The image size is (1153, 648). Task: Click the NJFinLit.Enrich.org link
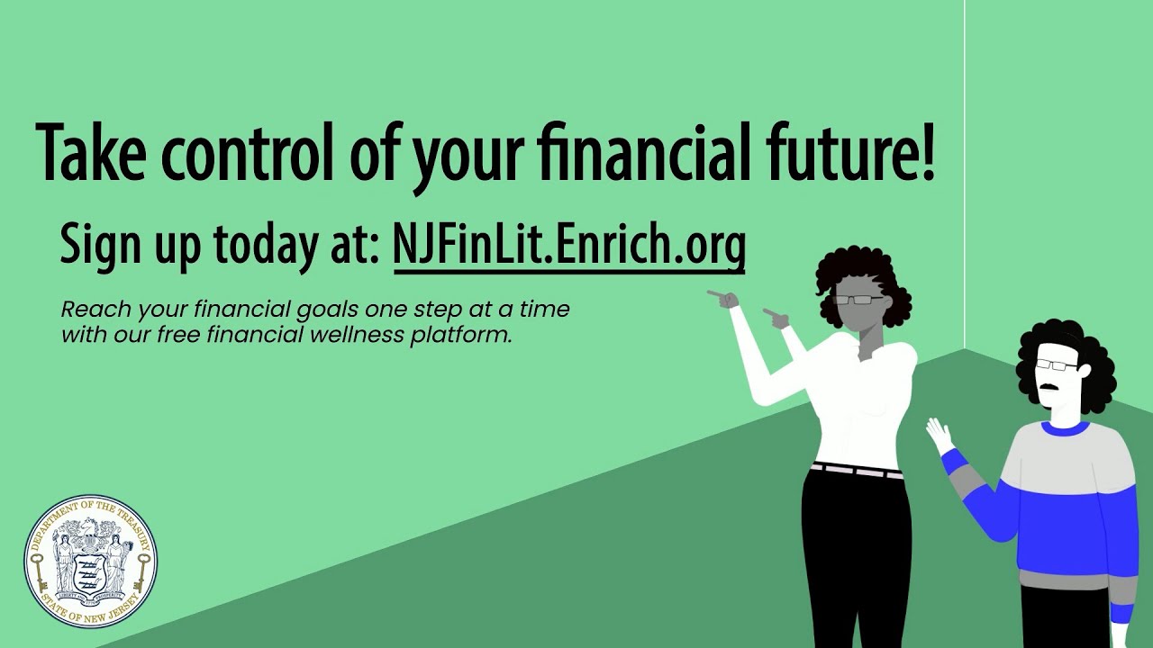(x=568, y=244)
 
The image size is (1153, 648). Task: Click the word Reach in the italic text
(x=96, y=310)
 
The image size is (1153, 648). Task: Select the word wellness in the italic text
(x=353, y=336)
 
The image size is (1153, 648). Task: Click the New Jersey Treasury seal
(x=90, y=561)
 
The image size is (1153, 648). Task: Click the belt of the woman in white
(x=856, y=471)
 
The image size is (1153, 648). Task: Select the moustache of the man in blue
(x=1049, y=388)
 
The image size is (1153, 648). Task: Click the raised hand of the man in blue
(x=940, y=436)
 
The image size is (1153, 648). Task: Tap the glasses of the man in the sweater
(x=1056, y=364)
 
